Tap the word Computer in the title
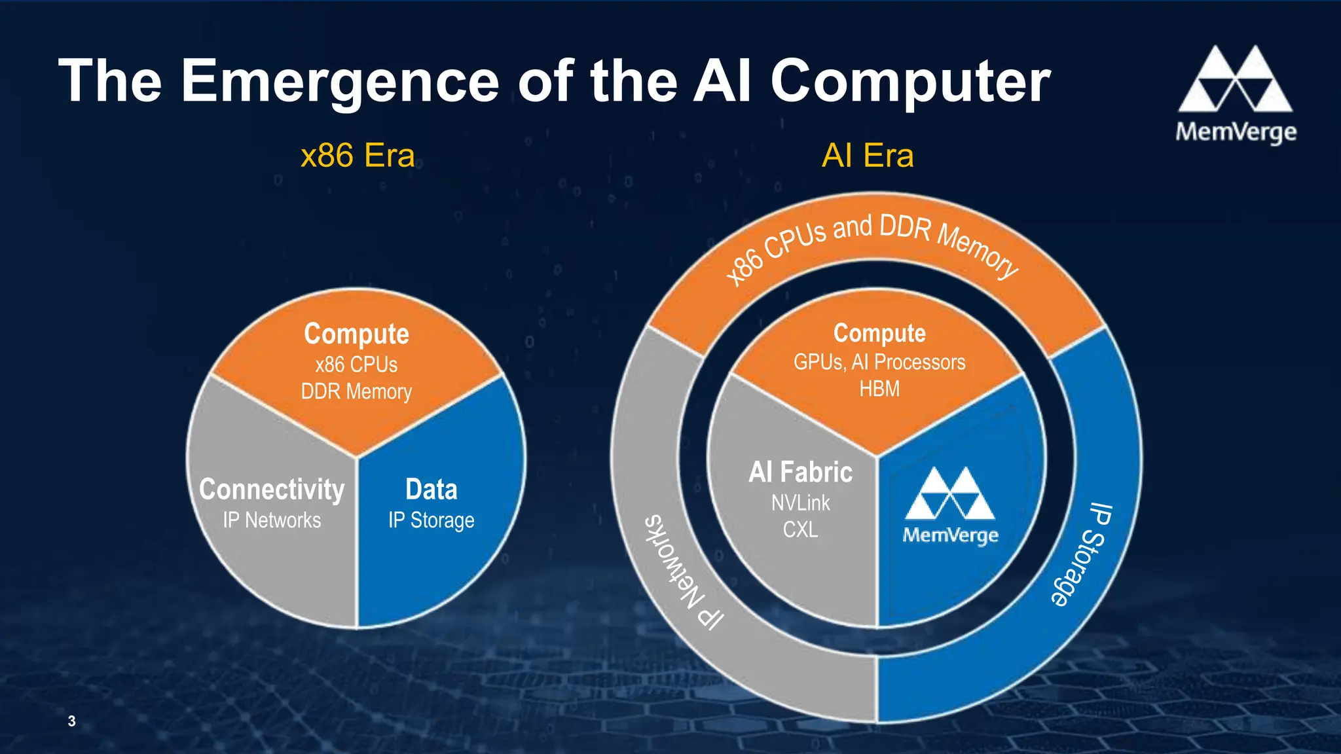pos(910,81)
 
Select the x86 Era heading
pos(358,156)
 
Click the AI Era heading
pos(868,156)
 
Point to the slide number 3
pos(71,721)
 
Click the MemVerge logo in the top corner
pos(1236,95)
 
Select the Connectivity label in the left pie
pos(272,490)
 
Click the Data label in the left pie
pos(431,490)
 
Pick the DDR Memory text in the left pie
pos(356,391)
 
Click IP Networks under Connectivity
pos(272,520)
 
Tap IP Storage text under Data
pos(431,520)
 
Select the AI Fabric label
pos(800,472)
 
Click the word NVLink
pos(800,503)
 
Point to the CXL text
pos(800,529)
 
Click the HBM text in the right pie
pos(879,389)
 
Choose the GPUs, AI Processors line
pos(879,362)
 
